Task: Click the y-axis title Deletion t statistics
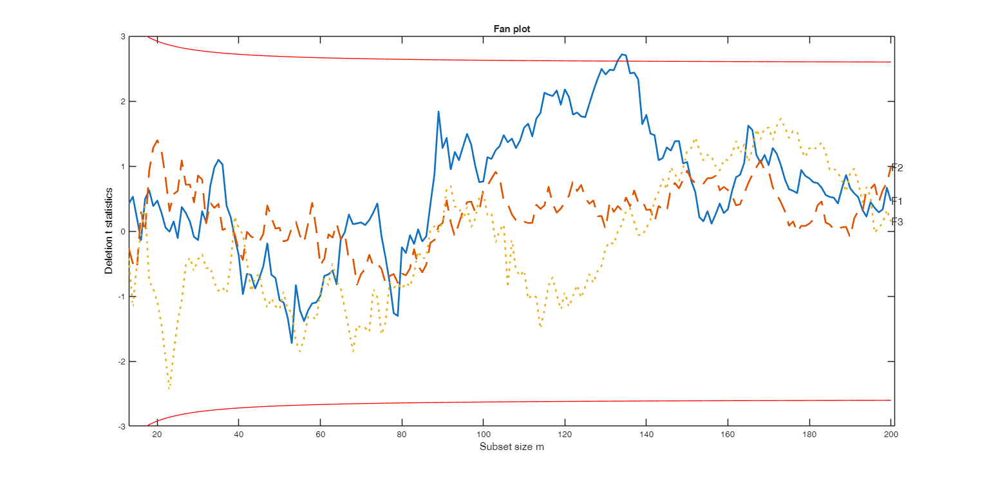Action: pyautogui.click(x=109, y=231)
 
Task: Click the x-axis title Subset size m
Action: pyautogui.click(x=512, y=447)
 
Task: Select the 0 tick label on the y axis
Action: pyautogui.click(x=122, y=231)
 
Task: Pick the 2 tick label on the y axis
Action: pyautogui.click(x=122, y=102)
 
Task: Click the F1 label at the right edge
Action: pyautogui.click(x=897, y=201)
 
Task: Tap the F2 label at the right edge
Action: pyautogui.click(x=897, y=168)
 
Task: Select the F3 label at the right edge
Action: pyautogui.click(x=897, y=222)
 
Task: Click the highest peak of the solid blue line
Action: pyautogui.click(x=622, y=55)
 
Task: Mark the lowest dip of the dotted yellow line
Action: pyautogui.click(x=169, y=389)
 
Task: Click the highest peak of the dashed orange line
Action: pyautogui.click(x=157, y=140)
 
